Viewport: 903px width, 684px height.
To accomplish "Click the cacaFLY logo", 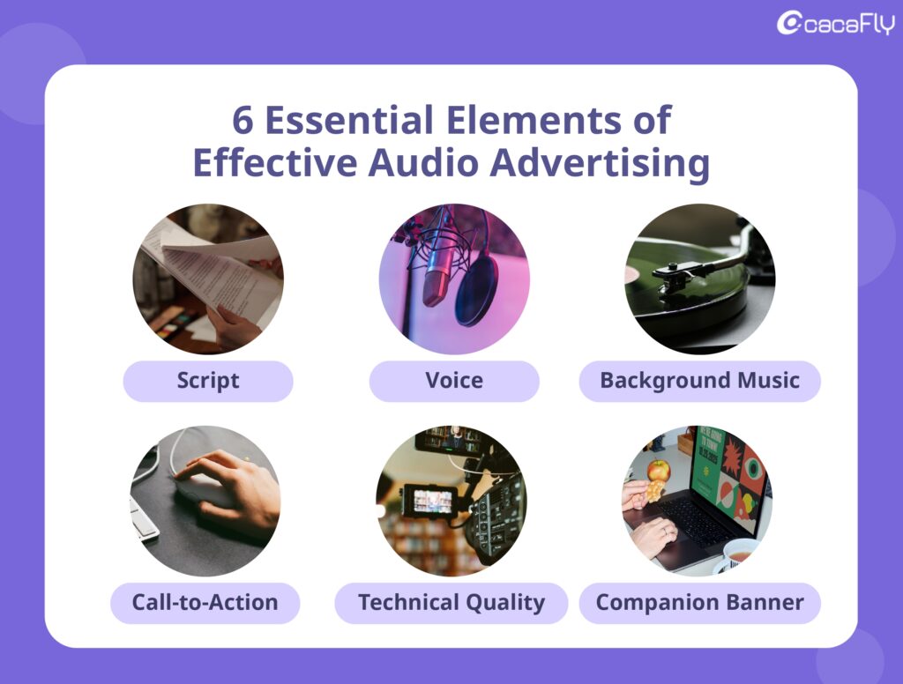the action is pyautogui.click(x=836, y=24).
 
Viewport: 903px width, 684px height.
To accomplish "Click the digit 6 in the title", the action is pyautogui.click(x=243, y=121).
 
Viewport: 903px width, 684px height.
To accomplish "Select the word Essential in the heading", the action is pyautogui.click(x=349, y=120).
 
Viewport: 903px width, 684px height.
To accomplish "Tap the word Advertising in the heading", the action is pyautogui.click(x=600, y=163).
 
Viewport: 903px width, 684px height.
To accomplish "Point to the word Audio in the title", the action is pyautogui.click(x=423, y=162).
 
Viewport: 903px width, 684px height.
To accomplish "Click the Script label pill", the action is pyautogui.click(x=208, y=381).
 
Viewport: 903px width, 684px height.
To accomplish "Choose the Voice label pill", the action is pyautogui.click(x=454, y=381).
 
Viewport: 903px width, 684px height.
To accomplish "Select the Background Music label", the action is pyautogui.click(x=699, y=381).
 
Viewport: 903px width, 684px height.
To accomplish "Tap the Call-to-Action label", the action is pyautogui.click(x=205, y=603).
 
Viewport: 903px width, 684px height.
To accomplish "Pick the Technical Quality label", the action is pyautogui.click(x=451, y=603).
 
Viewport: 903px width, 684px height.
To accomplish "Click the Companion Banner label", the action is pyautogui.click(x=699, y=603).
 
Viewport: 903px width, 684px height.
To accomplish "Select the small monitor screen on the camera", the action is pyautogui.click(x=430, y=501).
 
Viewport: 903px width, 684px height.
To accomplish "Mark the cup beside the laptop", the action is pyautogui.click(x=738, y=555).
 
